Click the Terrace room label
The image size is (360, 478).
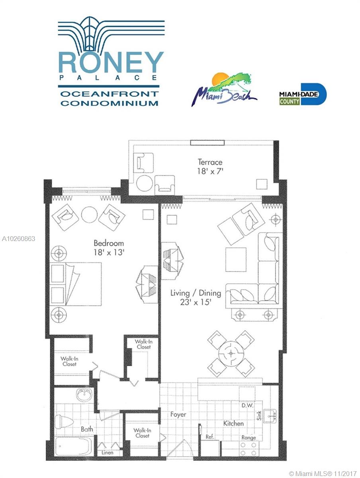point(210,162)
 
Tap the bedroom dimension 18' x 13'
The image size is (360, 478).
point(109,253)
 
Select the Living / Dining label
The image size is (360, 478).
point(196,293)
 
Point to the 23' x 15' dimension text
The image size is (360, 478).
point(196,302)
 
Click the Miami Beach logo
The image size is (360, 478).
point(224,89)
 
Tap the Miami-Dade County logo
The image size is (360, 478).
point(303,94)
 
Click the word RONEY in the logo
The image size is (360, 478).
point(111,62)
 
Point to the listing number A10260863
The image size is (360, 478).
point(18,239)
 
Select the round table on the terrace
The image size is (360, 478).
point(144,183)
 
